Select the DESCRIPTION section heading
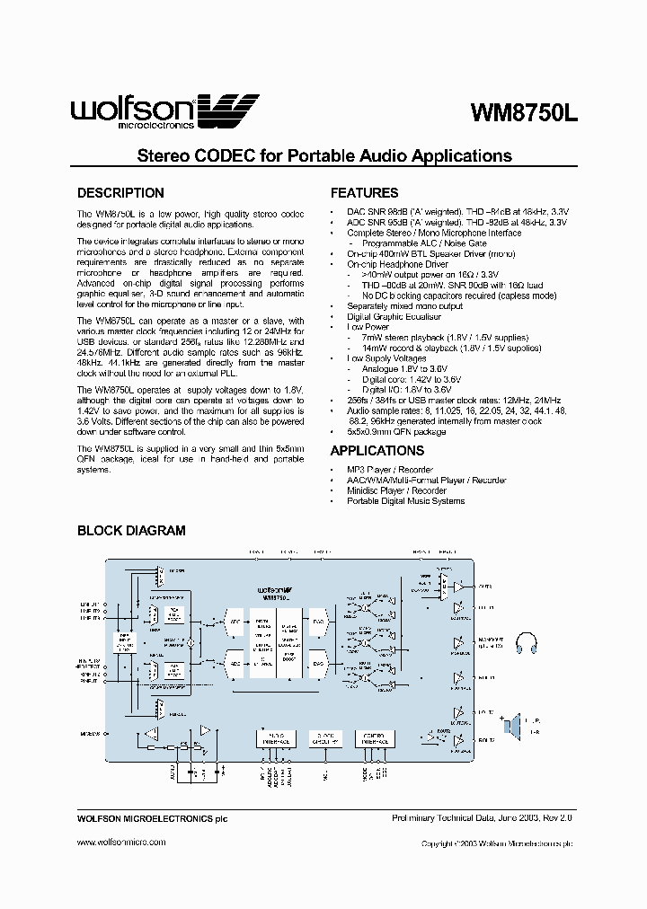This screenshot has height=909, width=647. [x=120, y=193]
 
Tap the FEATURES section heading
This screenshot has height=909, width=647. [x=364, y=193]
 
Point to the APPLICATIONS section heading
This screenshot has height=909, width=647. [x=377, y=451]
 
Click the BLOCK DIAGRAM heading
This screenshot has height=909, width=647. [x=131, y=531]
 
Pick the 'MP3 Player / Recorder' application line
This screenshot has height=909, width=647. [x=390, y=470]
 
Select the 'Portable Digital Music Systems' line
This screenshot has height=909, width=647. [x=405, y=500]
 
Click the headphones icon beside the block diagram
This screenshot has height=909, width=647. [x=527, y=643]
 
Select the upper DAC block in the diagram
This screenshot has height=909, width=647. [x=318, y=621]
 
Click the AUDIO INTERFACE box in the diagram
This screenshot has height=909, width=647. [x=272, y=738]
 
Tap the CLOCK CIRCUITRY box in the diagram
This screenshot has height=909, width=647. [x=324, y=738]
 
